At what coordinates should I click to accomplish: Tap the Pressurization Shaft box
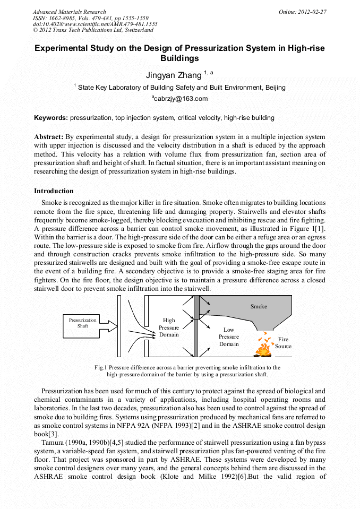pyautogui.click(x=83, y=323)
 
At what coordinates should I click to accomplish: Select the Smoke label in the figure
pyautogui.click(x=259, y=306)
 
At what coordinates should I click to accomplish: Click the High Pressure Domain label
pyautogui.click(x=169, y=327)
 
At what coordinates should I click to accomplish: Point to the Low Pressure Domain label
pyautogui.click(x=229, y=337)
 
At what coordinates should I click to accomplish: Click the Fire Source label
pyautogui.click(x=283, y=343)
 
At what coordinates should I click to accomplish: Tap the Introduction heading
pyautogui.click(x=54, y=191)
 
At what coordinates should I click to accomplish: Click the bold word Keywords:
pyautogui.click(x=51, y=117)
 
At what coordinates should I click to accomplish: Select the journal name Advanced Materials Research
pyautogui.click(x=69, y=12)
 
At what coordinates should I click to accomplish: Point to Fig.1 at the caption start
pyautogui.click(x=101, y=367)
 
